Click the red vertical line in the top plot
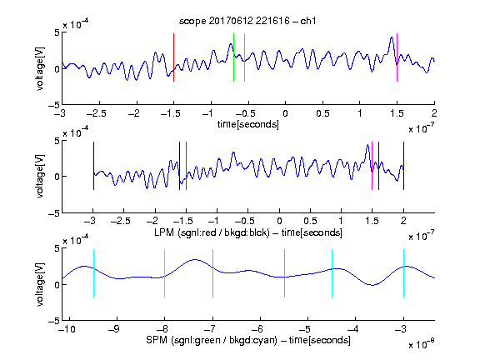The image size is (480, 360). tap(174, 57)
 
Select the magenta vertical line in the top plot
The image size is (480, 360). tap(397, 57)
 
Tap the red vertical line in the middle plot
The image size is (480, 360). tap(186, 166)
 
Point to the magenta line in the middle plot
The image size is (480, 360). tap(372, 166)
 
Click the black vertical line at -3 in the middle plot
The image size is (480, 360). tap(93, 166)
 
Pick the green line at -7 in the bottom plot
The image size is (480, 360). tap(212, 273)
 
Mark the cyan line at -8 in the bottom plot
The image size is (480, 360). tap(165, 273)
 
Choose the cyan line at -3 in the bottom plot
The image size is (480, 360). tap(404, 273)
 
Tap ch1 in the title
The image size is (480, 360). tap(308, 21)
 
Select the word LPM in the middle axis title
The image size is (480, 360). tap(164, 232)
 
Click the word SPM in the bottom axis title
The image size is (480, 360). tap(157, 340)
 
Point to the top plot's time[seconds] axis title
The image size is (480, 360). tap(248, 124)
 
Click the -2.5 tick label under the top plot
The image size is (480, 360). tap(97, 113)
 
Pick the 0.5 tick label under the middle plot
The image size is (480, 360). tap(310, 221)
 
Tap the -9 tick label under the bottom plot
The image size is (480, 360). tap(114, 329)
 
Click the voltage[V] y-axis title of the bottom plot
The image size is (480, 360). tap(40, 284)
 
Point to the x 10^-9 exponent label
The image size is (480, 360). tap(422, 344)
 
